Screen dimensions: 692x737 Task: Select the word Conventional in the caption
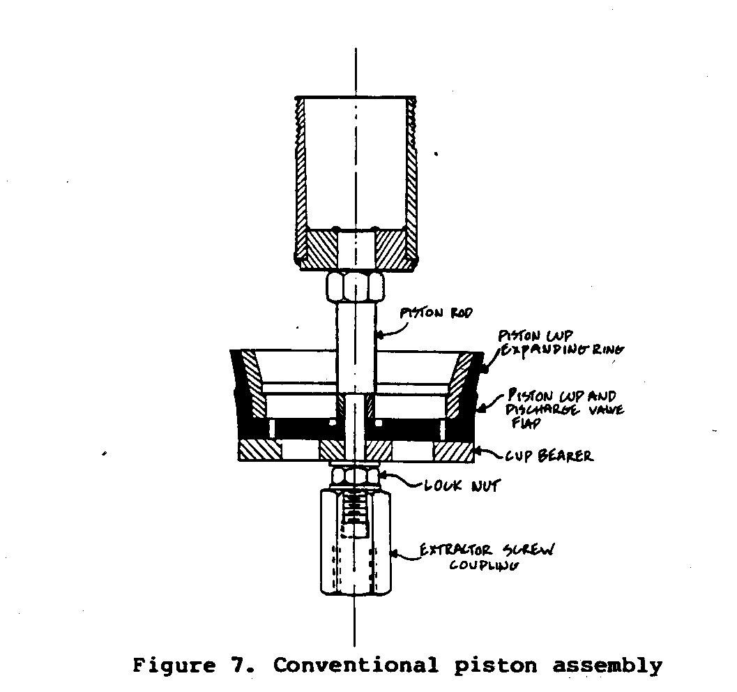[x=356, y=665]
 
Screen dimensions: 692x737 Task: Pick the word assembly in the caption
[x=607, y=665]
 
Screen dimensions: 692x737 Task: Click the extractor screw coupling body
[x=355, y=558]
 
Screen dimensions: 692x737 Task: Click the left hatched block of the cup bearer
[x=259, y=451]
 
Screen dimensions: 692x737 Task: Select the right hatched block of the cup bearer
[x=453, y=451]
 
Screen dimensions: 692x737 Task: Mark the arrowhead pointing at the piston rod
[x=381, y=335]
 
